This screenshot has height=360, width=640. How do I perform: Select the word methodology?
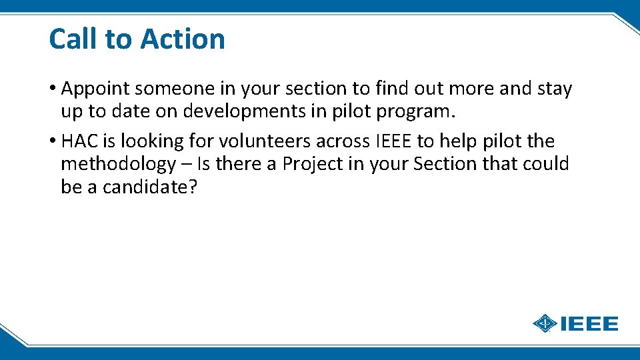(118, 164)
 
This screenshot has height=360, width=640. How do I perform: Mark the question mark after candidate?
(193, 187)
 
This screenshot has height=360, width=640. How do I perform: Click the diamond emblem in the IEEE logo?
(545, 324)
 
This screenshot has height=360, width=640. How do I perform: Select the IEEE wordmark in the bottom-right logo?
(589, 324)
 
